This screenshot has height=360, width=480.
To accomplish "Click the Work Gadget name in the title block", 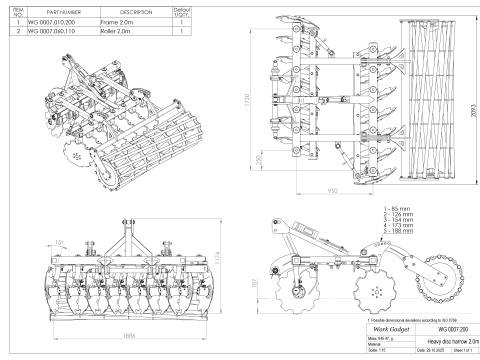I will (386, 328).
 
